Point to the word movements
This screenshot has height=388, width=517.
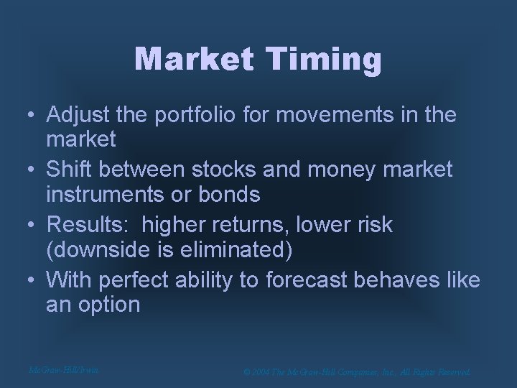(345, 115)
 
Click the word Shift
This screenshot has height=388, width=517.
(70, 170)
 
